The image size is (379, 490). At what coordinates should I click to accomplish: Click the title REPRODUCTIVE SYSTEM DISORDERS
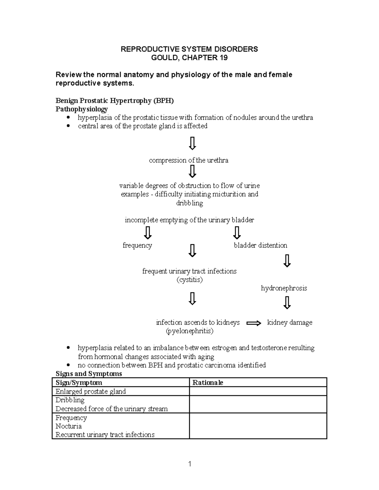pos(189,49)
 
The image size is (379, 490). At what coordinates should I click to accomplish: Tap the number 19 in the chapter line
pos(224,58)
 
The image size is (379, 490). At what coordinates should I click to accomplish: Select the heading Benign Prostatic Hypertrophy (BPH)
pos(115,101)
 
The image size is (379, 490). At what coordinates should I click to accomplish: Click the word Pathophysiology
pos(81,109)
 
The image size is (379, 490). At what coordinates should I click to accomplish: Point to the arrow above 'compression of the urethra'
pos(192,143)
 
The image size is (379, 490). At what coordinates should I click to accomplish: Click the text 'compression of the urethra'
pos(189,160)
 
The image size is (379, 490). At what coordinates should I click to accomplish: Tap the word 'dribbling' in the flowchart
pos(189,203)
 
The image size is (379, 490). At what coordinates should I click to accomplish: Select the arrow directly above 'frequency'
pos(147,233)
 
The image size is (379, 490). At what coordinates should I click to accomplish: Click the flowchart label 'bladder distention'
pos(261,245)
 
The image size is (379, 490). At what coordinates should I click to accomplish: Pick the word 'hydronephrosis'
pos(284,288)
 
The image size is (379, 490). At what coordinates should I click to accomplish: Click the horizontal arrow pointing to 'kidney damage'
pos(254,323)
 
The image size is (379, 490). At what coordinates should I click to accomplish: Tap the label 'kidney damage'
pos(290,322)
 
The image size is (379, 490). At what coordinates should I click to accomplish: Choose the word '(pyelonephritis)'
pos(189,331)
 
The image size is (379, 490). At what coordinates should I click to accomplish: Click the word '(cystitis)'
pos(189,280)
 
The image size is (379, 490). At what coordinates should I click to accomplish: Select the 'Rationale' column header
pos(208,383)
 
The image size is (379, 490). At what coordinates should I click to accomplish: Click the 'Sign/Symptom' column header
pos(79,383)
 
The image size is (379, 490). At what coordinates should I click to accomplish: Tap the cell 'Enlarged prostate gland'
pos(91,392)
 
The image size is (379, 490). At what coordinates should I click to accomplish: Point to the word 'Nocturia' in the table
pos(69,426)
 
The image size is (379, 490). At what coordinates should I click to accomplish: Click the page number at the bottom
pos(190,464)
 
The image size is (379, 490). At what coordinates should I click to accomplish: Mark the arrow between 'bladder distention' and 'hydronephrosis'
pos(287,261)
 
